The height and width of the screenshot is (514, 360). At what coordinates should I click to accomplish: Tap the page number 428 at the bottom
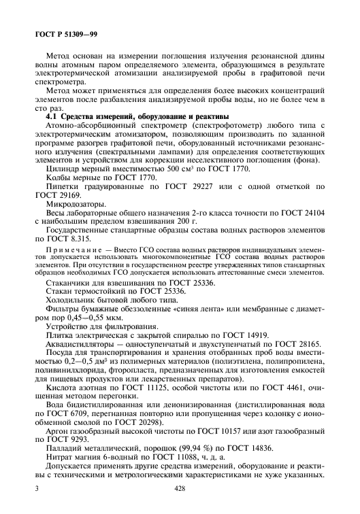click(x=180, y=488)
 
